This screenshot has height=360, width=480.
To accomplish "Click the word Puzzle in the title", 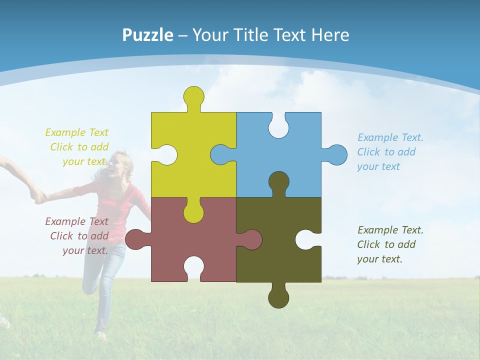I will [148, 35].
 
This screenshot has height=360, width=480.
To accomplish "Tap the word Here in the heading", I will [330, 35].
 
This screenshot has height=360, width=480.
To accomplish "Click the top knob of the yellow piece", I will [193, 96].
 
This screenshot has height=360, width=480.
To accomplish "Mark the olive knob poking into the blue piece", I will [278, 182].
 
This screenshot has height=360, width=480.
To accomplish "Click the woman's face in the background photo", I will [120, 165].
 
